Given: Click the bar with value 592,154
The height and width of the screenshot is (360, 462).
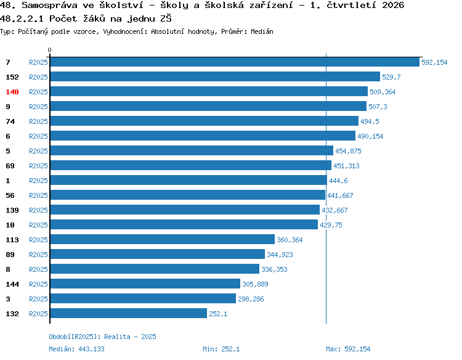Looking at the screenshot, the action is [x=235, y=62].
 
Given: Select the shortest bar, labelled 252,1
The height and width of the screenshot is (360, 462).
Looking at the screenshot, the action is [x=129, y=313].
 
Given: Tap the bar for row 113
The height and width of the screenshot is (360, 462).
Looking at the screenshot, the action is [x=163, y=239].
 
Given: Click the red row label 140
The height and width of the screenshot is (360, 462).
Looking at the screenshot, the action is [x=12, y=92].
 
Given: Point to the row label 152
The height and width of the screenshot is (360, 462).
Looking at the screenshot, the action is [x=12, y=77].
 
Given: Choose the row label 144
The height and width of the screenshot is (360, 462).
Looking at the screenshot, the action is [x=12, y=284].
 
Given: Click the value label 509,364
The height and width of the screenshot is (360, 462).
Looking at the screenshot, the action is [x=383, y=92].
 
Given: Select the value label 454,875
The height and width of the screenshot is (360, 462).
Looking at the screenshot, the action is [x=348, y=151].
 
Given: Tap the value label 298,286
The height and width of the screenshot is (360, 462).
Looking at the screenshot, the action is [x=251, y=299].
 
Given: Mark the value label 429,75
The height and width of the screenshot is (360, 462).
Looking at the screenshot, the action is [x=331, y=225].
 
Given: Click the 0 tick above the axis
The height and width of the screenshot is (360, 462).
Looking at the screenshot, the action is [x=49, y=50].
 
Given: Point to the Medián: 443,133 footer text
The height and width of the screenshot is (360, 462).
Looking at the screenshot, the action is [x=76, y=349].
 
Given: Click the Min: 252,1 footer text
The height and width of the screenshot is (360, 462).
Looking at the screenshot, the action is [x=221, y=349].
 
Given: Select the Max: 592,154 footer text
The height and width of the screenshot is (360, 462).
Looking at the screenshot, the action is [x=348, y=349].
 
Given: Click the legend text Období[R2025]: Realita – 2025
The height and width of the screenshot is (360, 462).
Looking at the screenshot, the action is [x=102, y=337].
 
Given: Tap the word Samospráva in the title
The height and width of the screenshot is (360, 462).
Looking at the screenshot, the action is [x=49, y=6].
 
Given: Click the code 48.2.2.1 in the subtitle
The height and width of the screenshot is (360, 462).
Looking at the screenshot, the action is [x=22, y=19].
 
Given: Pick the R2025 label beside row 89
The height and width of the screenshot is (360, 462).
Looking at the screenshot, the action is [x=38, y=255].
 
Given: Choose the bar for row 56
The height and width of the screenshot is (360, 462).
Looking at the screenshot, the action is [x=188, y=195].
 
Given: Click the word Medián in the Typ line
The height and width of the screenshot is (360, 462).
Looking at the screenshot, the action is [x=262, y=31].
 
